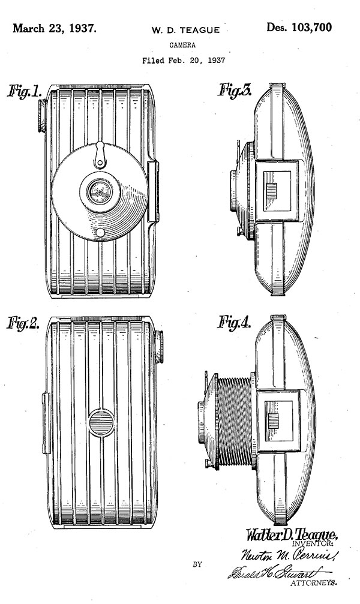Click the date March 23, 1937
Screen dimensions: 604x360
(53, 28)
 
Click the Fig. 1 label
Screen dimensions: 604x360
(25, 92)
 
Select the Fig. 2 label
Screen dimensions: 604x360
(24, 324)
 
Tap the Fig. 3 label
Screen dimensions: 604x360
(235, 91)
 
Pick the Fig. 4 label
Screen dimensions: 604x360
(234, 324)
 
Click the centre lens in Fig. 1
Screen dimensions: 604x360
(98, 193)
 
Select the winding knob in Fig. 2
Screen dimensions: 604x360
(159, 347)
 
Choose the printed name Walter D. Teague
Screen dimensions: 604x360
(292, 534)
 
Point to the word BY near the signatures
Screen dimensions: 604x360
(197, 564)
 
